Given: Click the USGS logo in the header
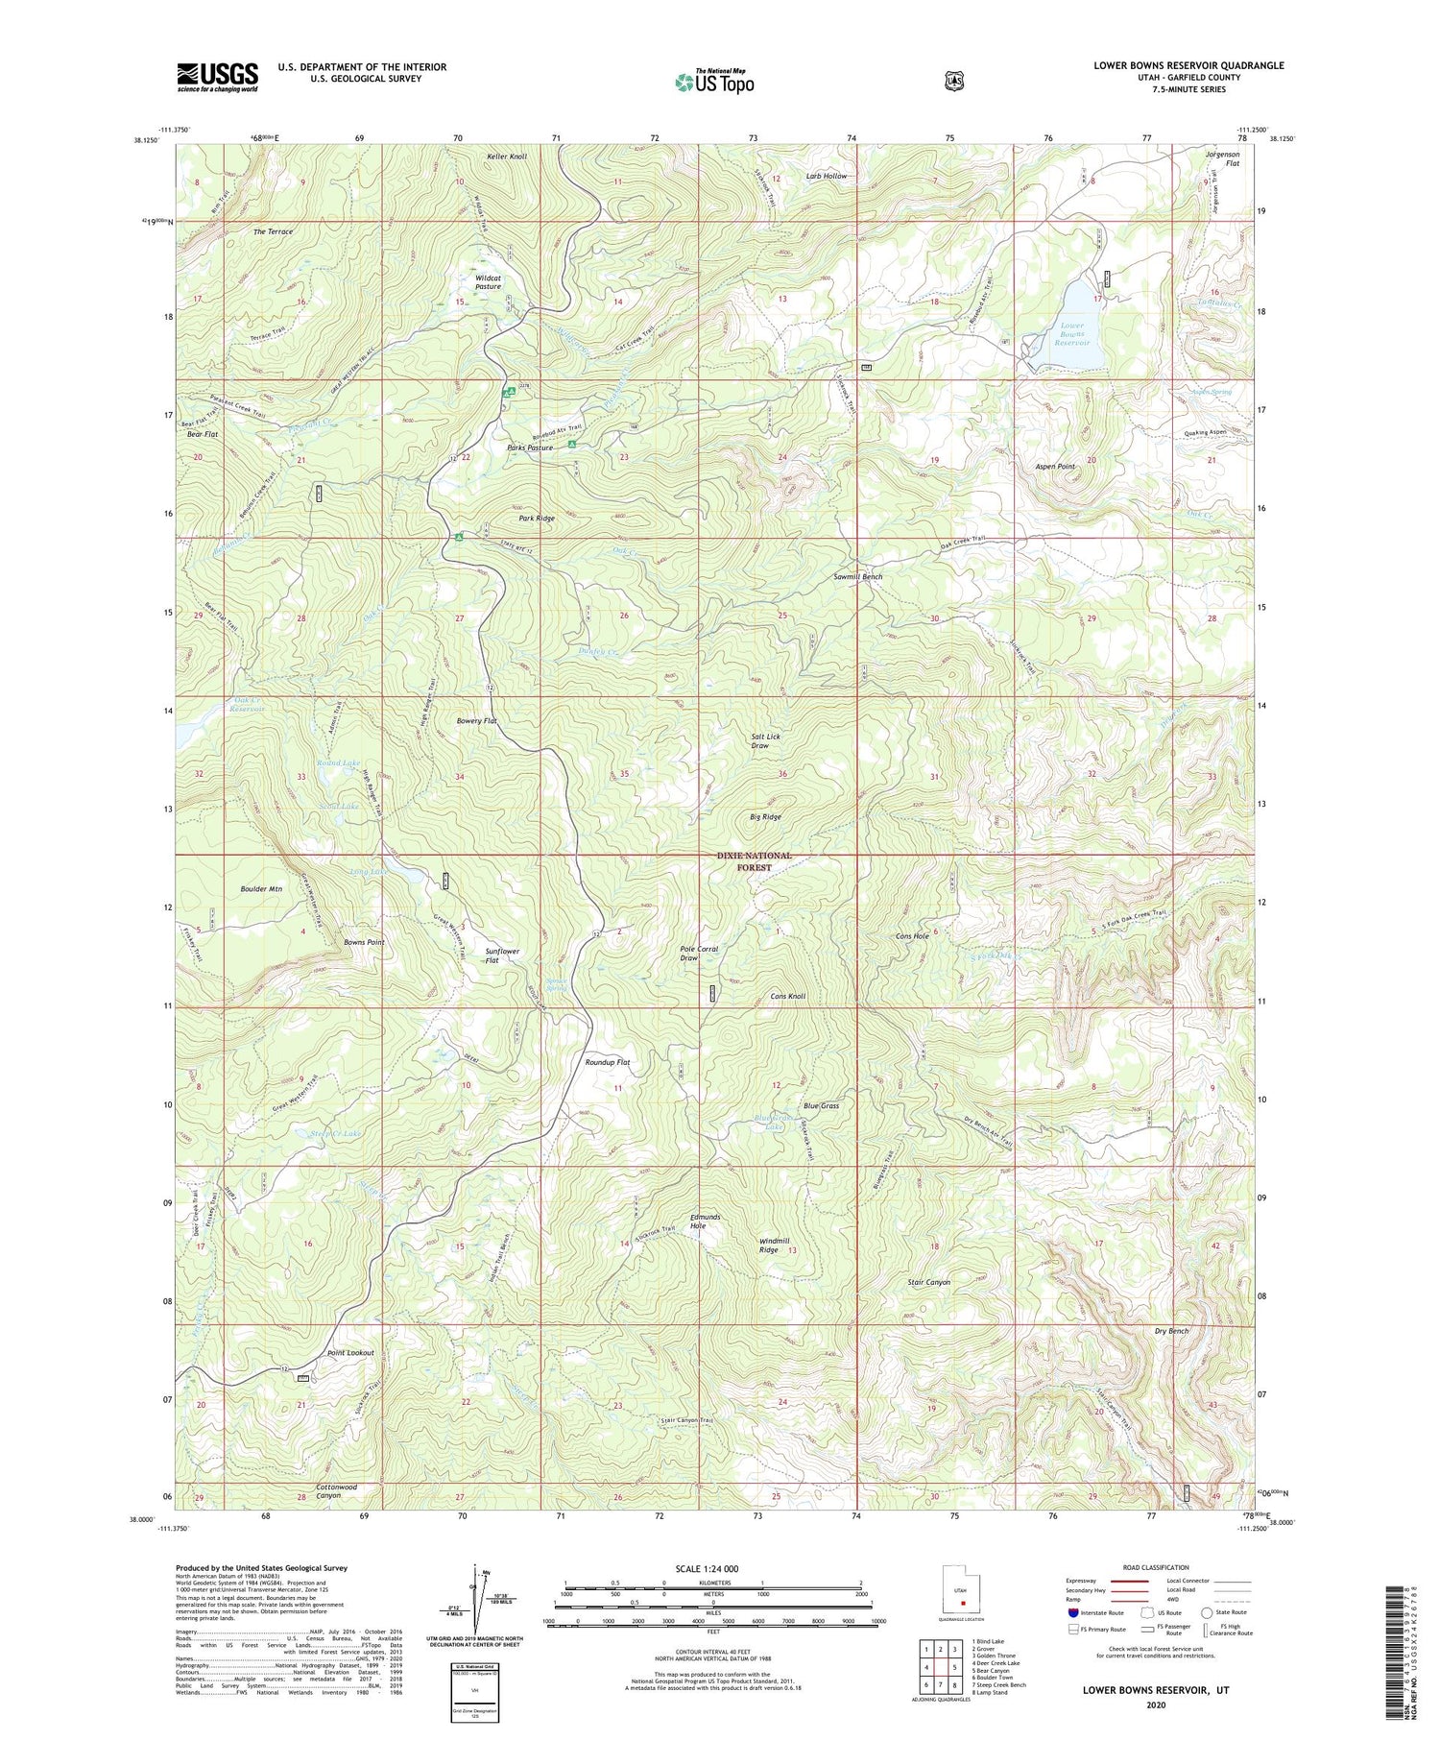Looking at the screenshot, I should [x=217, y=77].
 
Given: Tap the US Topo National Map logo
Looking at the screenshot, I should [x=714, y=81].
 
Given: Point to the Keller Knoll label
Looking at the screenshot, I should [x=506, y=156].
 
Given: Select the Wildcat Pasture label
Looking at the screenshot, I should [x=488, y=282].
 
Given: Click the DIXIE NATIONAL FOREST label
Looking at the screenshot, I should [x=755, y=860].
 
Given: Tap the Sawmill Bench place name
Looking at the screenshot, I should [x=857, y=577].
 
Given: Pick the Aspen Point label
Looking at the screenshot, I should [x=1055, y=466].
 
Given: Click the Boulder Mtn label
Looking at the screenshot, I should [x=260, y=889].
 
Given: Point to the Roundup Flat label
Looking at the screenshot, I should [x=608, y=1063].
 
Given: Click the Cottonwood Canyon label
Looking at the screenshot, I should [x=336, y=1491].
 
